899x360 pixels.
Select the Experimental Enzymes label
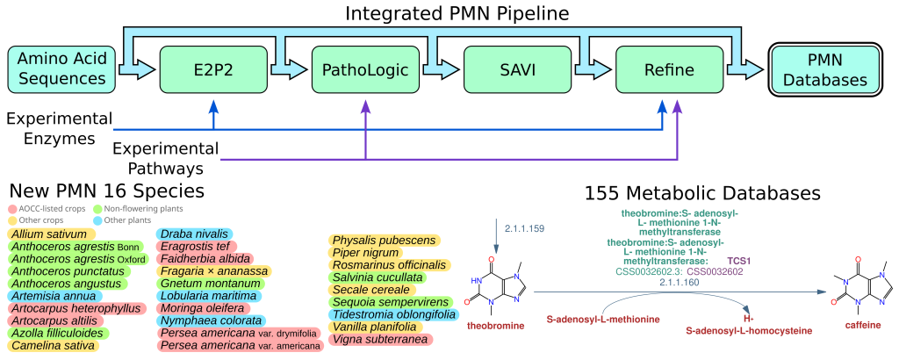[56, 127]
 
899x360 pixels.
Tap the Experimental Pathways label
[164, 157]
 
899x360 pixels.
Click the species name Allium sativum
[49, 234]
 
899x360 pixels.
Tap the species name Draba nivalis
[194, 234]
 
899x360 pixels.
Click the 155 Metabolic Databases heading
[702, 192]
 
